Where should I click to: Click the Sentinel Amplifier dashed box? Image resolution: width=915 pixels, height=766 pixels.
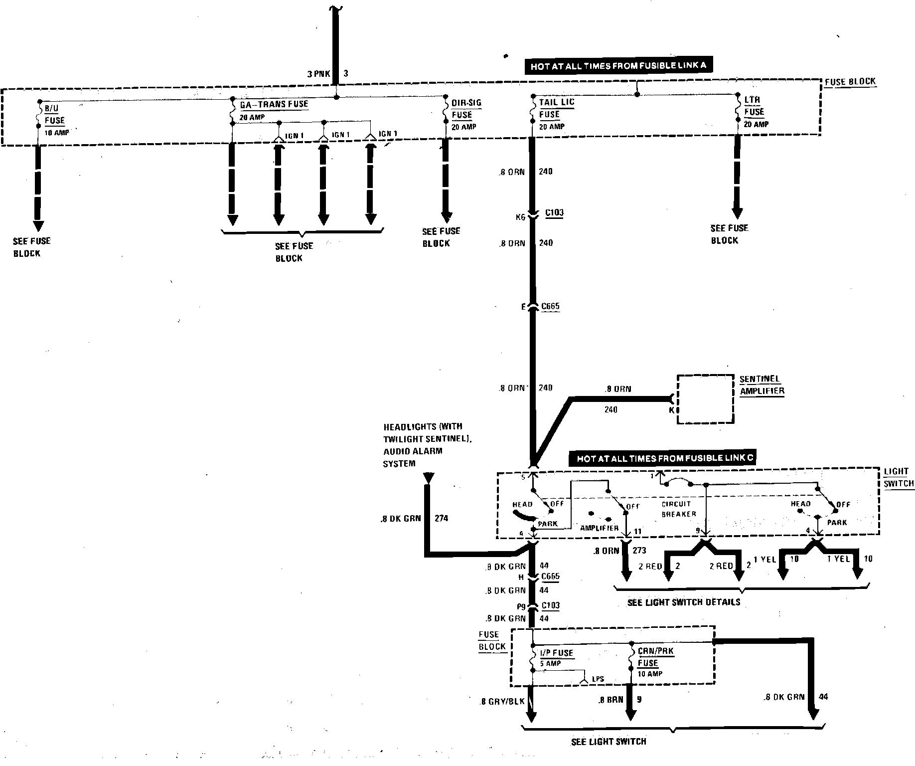click(705, 399)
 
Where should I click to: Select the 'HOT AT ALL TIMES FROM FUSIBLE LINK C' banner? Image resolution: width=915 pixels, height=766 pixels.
click(661, 458)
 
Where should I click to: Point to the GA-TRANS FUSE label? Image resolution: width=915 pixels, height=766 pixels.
click(274, 105)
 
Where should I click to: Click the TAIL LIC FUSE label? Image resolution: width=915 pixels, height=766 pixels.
click(556, 108)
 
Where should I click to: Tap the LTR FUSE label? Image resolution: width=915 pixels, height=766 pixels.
click(754, 106)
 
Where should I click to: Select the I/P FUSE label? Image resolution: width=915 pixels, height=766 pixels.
click(557, 653)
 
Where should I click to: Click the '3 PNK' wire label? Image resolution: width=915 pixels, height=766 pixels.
click(318, 74)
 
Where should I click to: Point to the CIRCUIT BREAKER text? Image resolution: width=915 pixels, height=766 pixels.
click(677, 509)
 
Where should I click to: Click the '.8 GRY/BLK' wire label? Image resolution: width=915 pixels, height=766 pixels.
click(502, 701)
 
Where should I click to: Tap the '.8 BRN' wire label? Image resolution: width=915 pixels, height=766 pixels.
click(611, 700)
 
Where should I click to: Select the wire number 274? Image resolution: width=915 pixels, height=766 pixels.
click(441, 518)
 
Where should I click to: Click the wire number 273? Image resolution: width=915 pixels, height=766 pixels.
click(639, 551)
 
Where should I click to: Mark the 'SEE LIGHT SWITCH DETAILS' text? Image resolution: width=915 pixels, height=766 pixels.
click(683, 602)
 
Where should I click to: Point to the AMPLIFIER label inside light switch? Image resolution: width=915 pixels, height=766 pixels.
click(599, 528)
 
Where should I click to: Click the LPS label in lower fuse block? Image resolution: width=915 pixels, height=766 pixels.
click(598, 679)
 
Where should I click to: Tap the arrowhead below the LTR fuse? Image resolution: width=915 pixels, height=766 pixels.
click(737, 213)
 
